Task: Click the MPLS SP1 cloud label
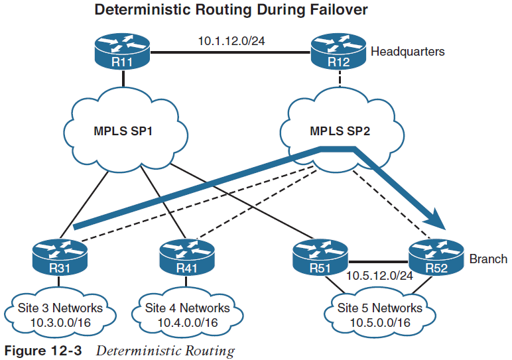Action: [124, 130]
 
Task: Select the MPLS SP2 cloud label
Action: [340, 130]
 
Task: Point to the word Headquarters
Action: [407, 51]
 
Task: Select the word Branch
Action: [488, 259]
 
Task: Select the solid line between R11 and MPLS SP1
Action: [124, 80]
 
